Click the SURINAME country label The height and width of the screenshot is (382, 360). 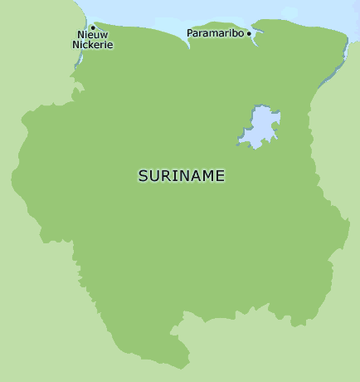[x=181, y=176]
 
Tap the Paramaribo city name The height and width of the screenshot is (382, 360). [x=216, y=33]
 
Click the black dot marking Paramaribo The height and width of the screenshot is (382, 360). [x=249, y=34]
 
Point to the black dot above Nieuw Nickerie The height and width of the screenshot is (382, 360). [x=93, y=27]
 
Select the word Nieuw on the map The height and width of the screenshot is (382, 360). [x=92, y=36]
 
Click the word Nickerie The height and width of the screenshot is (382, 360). [x=92, y=45]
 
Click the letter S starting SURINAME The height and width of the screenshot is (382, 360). [x=143, y=176]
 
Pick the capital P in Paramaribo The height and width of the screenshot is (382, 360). [x=191, y=33]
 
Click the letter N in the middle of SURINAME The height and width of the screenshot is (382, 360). [x=187, y=176]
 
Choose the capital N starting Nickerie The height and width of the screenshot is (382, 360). [x=76, y=45]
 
